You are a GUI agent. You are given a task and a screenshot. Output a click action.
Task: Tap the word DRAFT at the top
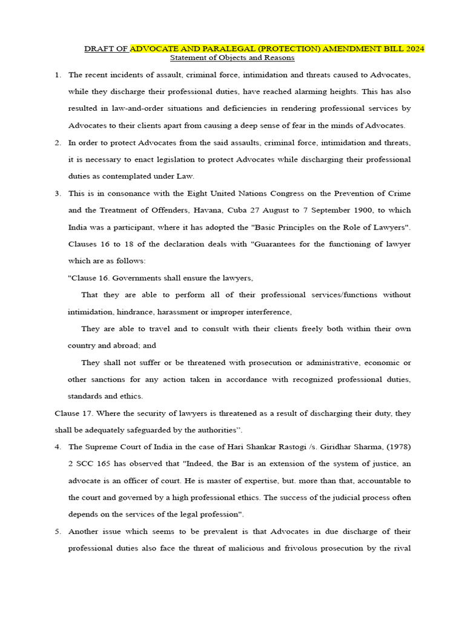click(99, 48)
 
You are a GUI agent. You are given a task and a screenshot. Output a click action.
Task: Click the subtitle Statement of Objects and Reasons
click(232, 58)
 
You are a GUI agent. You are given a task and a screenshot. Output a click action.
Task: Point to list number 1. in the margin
click(58, 75)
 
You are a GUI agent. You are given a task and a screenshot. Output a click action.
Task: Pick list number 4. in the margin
click(58, 447)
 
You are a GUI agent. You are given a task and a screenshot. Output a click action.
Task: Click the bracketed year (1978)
click(396, 447)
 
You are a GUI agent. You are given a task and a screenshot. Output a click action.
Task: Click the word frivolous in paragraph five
click(326, 548)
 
